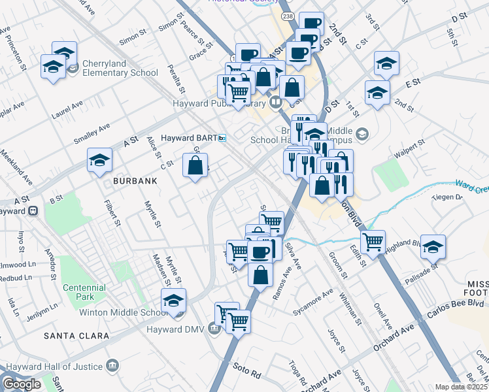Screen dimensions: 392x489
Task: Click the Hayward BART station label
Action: pyautogui.click(x=188, y=139)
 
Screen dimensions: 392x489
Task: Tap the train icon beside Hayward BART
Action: pyautogui.click(x=222, y=139)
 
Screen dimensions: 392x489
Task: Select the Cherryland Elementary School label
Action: pyautogui.click(x=120, y=73)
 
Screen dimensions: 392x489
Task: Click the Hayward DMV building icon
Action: pyautogui.click(x=214, y=328)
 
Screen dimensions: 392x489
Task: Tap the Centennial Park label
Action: pyautogui.click(x=84, y=292)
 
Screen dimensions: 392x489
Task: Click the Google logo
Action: pyautogui.click(x=22, y=384)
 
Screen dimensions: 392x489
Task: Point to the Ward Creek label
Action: pyautogui.click(x=471, y=187)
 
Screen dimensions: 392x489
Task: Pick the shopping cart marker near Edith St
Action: pyautogui.click(x=373, y=241)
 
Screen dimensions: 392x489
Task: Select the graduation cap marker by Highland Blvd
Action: pyautogui.click(x=433, y=246)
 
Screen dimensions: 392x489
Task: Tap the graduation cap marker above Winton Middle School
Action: pyautogui.click(x=173, y=300)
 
